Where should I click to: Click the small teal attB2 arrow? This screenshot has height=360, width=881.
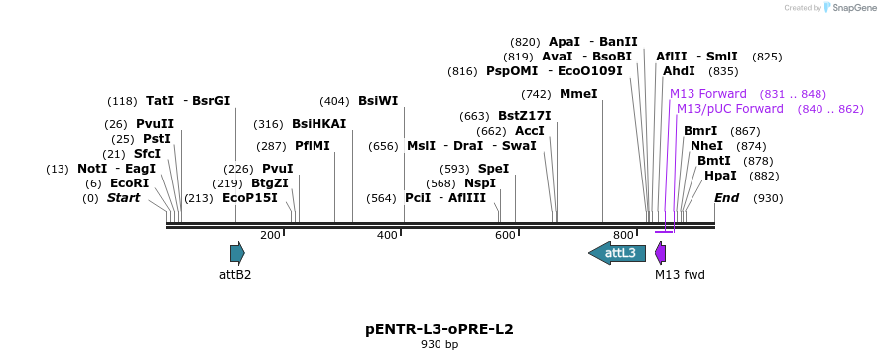click(x=237, y=253)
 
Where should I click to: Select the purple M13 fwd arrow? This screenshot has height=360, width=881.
click(x=661, y=253)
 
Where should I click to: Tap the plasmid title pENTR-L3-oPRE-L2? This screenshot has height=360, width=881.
click(x=440, y=328)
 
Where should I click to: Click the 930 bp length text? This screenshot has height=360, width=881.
click(x=440, y=345)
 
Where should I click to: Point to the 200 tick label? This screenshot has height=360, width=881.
click(x=270, y=235)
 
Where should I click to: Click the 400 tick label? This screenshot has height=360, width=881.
click(x=387, y=235)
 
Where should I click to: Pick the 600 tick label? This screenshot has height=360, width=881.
click(x=505, y=235)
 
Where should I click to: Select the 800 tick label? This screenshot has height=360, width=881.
click(x=623, y=235)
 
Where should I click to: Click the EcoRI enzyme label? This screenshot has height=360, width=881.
click(x=129, y=183)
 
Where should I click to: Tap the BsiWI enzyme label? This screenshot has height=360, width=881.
click(x=378, y=101)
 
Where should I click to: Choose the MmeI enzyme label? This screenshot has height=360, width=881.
click(x=579, y=94)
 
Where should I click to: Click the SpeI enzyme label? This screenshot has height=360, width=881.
click(x=494, y=169)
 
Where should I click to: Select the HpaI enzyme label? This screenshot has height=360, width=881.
click(x=720, y=176)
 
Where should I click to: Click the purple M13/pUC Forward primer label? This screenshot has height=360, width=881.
click(x=730, y=109)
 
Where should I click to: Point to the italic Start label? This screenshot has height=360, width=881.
click(x=124, y=198)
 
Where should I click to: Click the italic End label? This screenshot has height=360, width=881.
click(x=727, y=198)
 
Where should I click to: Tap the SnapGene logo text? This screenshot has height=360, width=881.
click(x=850, y=8)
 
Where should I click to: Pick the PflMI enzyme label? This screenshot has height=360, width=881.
click(x=313, y=146)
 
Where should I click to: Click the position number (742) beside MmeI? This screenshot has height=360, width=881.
click(x=536, y=94)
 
